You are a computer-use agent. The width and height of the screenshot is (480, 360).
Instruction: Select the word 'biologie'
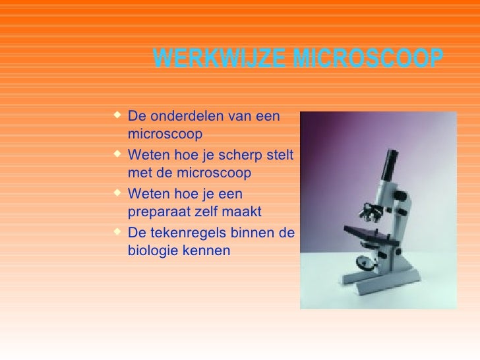point(151,251)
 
